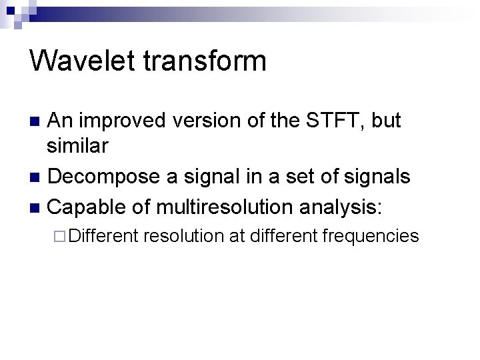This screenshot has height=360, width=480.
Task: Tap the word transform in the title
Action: [205, 61]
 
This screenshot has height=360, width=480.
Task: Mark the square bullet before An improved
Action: [37, 121]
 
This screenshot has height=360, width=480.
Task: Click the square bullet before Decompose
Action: [37, 177]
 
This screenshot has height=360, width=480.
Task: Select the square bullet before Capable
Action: [37, 207]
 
